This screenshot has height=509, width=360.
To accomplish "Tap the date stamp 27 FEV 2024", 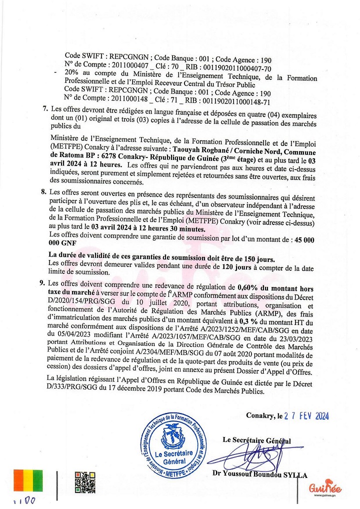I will pos(306,415).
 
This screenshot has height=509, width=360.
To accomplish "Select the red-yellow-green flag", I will pos(28,480).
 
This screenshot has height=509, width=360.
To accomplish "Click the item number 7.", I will pos(44,109).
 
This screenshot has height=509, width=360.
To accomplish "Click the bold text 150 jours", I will pos(254,259).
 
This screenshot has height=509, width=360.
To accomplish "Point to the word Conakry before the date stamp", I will pos(260,415).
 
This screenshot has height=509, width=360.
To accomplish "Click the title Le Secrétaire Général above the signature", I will pos(256,440).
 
